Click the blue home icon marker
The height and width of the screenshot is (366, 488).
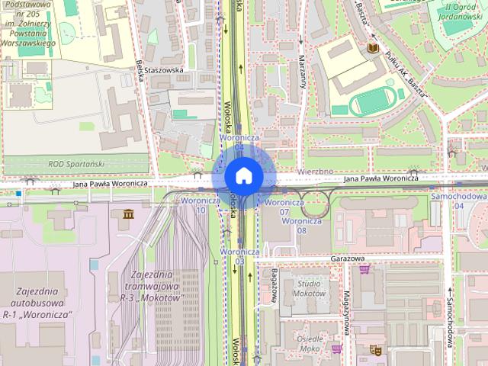(243, 176)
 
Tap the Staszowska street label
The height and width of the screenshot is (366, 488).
(170, 69)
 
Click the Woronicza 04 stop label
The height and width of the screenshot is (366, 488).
(240, 142)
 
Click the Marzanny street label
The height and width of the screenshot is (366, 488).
(302, 72)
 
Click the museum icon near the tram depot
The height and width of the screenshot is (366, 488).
(127, 213)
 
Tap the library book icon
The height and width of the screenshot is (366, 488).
(373, 49)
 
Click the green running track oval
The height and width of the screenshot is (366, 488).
(374, 101)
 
